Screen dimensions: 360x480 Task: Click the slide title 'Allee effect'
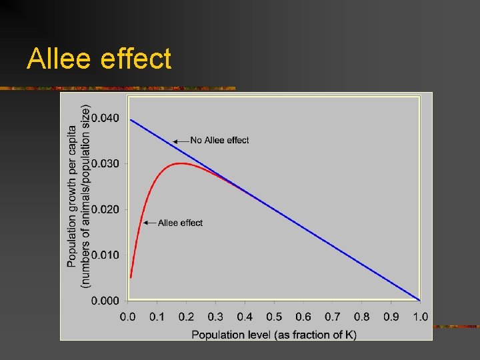point(99,59)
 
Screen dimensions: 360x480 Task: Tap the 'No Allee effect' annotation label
point(219,140)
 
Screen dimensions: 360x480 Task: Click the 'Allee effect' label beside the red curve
point(180,223)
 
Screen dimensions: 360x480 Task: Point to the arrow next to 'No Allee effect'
point(181,141)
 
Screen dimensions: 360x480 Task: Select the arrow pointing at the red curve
point(149,223)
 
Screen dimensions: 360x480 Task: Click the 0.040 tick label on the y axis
point(105,118)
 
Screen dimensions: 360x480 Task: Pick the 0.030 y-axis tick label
point(105,163)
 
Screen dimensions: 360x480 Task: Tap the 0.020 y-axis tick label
point(105,209)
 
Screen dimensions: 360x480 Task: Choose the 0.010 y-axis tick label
point(105,255)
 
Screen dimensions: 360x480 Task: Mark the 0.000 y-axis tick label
point(105,300)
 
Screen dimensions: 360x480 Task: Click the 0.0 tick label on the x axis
point(127,317)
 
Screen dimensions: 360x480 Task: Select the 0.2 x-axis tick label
point(186,317)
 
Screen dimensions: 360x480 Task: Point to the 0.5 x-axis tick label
point(274,317)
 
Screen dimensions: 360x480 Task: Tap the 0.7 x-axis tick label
point(332,317)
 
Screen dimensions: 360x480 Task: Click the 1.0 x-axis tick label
point(420,317)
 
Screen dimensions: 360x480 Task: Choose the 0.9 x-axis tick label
point(391,317)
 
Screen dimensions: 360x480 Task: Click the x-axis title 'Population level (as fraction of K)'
point(274,333)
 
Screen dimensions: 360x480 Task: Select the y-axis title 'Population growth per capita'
point(72,197)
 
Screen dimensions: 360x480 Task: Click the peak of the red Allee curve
point(181,163)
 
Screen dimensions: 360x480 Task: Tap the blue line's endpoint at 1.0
point(419,299)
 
